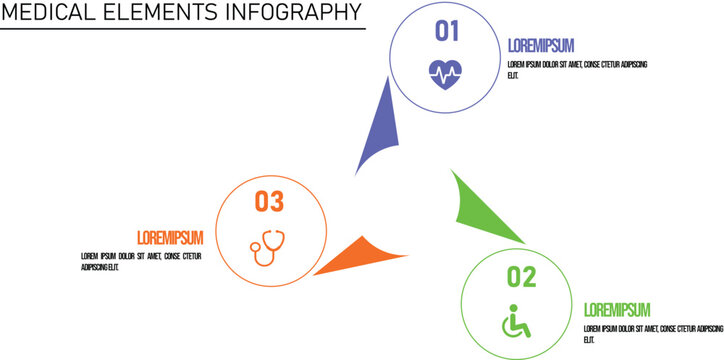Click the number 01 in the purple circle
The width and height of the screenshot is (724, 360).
point(446,31)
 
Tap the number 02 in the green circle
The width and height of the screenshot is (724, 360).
point(521,276)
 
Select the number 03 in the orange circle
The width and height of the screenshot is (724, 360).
point(269,201)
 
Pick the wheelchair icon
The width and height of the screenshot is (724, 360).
point(516,320)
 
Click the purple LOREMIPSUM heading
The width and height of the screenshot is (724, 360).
point(541,45)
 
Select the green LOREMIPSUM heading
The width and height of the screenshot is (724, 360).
point(617,309)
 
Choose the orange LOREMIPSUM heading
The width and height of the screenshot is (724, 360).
point(170,237)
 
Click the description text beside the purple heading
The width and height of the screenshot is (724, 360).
point(577,69)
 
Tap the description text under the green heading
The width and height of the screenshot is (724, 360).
point(652,333)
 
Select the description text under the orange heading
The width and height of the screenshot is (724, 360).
point(141,262)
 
